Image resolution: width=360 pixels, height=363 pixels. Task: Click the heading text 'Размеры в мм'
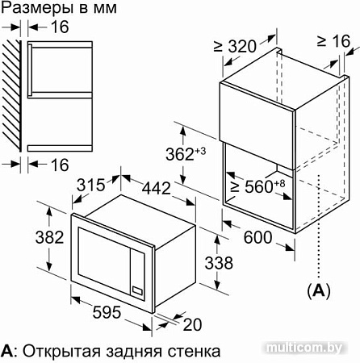pos(59,10)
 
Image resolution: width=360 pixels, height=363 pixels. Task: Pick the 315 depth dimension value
pos(91,185)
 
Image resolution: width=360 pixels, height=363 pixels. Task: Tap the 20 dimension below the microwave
pos(190,324)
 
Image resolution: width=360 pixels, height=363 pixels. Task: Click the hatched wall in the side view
pos(10,97)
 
